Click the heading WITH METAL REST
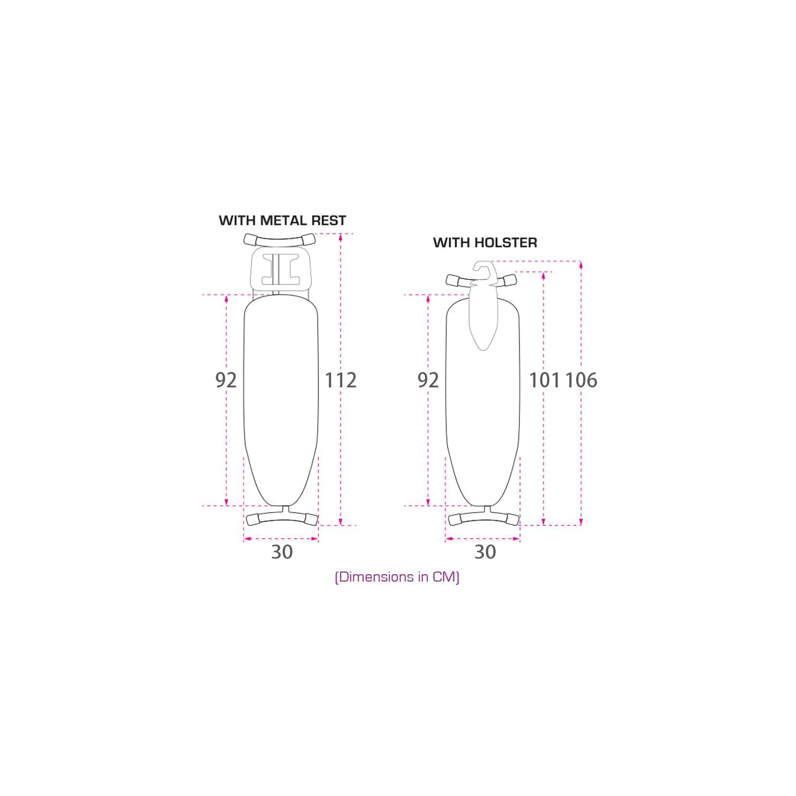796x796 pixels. click(282, 220)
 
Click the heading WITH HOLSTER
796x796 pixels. click(485, 243)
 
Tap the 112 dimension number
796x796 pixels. click(341, 380)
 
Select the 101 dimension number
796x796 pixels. click(544, 380)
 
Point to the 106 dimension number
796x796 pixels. click(581, 380)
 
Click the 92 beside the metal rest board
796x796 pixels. click(226, 380)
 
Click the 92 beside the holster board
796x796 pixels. click(428, 380)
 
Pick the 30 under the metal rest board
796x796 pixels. click(282, 552)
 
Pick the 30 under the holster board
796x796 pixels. click(485, 552)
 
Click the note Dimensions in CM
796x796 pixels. click(397, 577)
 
